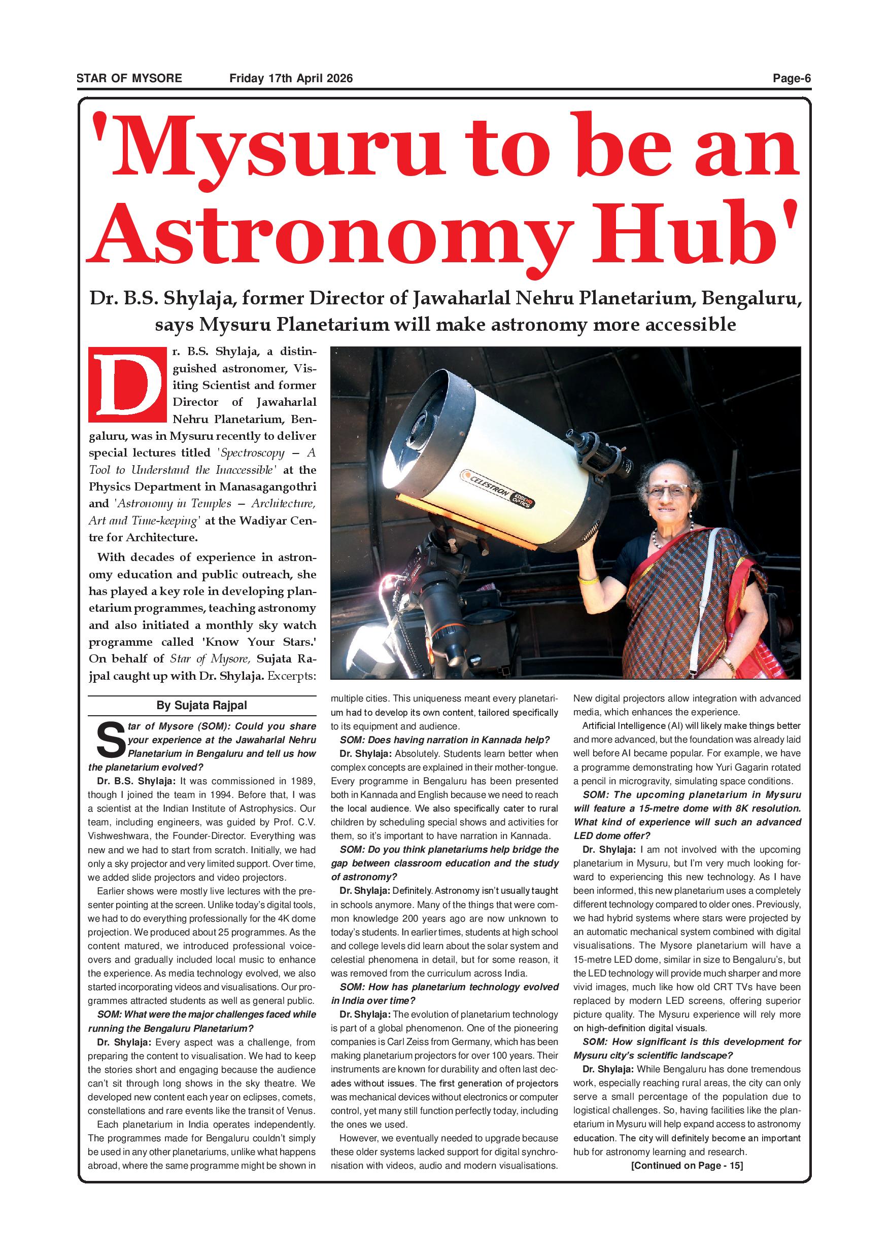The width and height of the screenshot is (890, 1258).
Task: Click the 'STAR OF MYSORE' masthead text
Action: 129,78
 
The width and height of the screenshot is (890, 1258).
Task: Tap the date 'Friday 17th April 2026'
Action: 291,78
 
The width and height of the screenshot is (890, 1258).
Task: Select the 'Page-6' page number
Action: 792,78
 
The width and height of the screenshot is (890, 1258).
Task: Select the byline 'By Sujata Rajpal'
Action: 201,706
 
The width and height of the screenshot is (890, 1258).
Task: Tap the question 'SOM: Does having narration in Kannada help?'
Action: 444,740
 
